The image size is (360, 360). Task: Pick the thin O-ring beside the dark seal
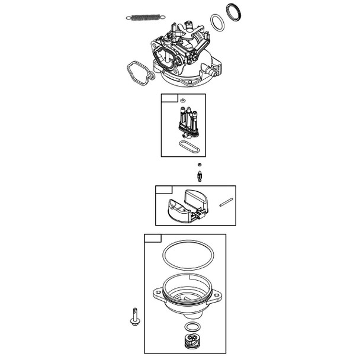pyautogui.click(x=218, y=24)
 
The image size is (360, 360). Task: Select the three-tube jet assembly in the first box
pyautogui.click(x=187, y=122)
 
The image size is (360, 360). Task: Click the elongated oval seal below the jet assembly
pyautogui.click(x=188, y=144)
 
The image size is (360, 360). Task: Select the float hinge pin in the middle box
pyautogui.click(x=225, y=202)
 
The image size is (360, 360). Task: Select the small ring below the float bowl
pyautogui.click(x=191, y=327)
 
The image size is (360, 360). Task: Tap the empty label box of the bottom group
pyautogui.click(x=153, y=238)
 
